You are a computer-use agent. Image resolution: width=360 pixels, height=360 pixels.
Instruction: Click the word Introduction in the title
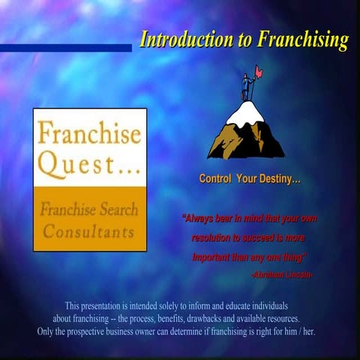tap(183, 40)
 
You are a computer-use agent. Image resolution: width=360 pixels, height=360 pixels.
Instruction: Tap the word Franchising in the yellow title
tap(304, 40)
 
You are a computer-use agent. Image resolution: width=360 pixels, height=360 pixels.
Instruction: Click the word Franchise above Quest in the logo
tap(89, 135)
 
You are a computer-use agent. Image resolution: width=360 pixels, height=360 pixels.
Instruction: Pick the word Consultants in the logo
tap(89, 231)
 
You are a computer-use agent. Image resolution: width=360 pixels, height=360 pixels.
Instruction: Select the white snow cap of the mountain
tap(247, 112)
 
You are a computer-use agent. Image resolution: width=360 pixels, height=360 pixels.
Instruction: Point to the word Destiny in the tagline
tap(279, 179)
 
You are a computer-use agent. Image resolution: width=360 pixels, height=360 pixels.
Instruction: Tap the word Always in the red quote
tap(202, 219)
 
